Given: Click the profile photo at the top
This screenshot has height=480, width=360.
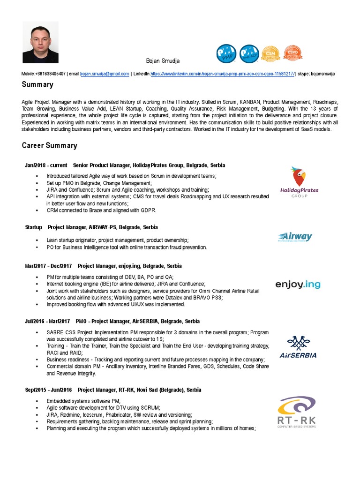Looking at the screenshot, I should point(40,42).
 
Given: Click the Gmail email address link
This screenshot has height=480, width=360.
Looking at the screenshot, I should point(105,74).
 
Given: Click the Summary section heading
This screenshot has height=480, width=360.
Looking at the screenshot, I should point(37,85).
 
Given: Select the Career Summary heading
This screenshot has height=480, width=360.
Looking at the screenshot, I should point(49,145).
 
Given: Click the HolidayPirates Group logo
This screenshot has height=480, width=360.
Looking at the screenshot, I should point(299,182).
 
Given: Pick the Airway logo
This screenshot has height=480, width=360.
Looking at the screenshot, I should point(294,237).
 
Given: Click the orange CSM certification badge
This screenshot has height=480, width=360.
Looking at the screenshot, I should point(270,54).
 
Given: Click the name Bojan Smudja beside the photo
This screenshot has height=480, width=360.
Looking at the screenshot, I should point(162,61).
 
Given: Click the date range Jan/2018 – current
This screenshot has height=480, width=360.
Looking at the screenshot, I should point(45,165).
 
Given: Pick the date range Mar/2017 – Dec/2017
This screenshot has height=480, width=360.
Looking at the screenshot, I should point(48,266).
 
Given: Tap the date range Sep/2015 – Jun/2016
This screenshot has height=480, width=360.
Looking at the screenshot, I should point(48,390).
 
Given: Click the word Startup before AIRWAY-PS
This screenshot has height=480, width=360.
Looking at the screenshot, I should point(34,227).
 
